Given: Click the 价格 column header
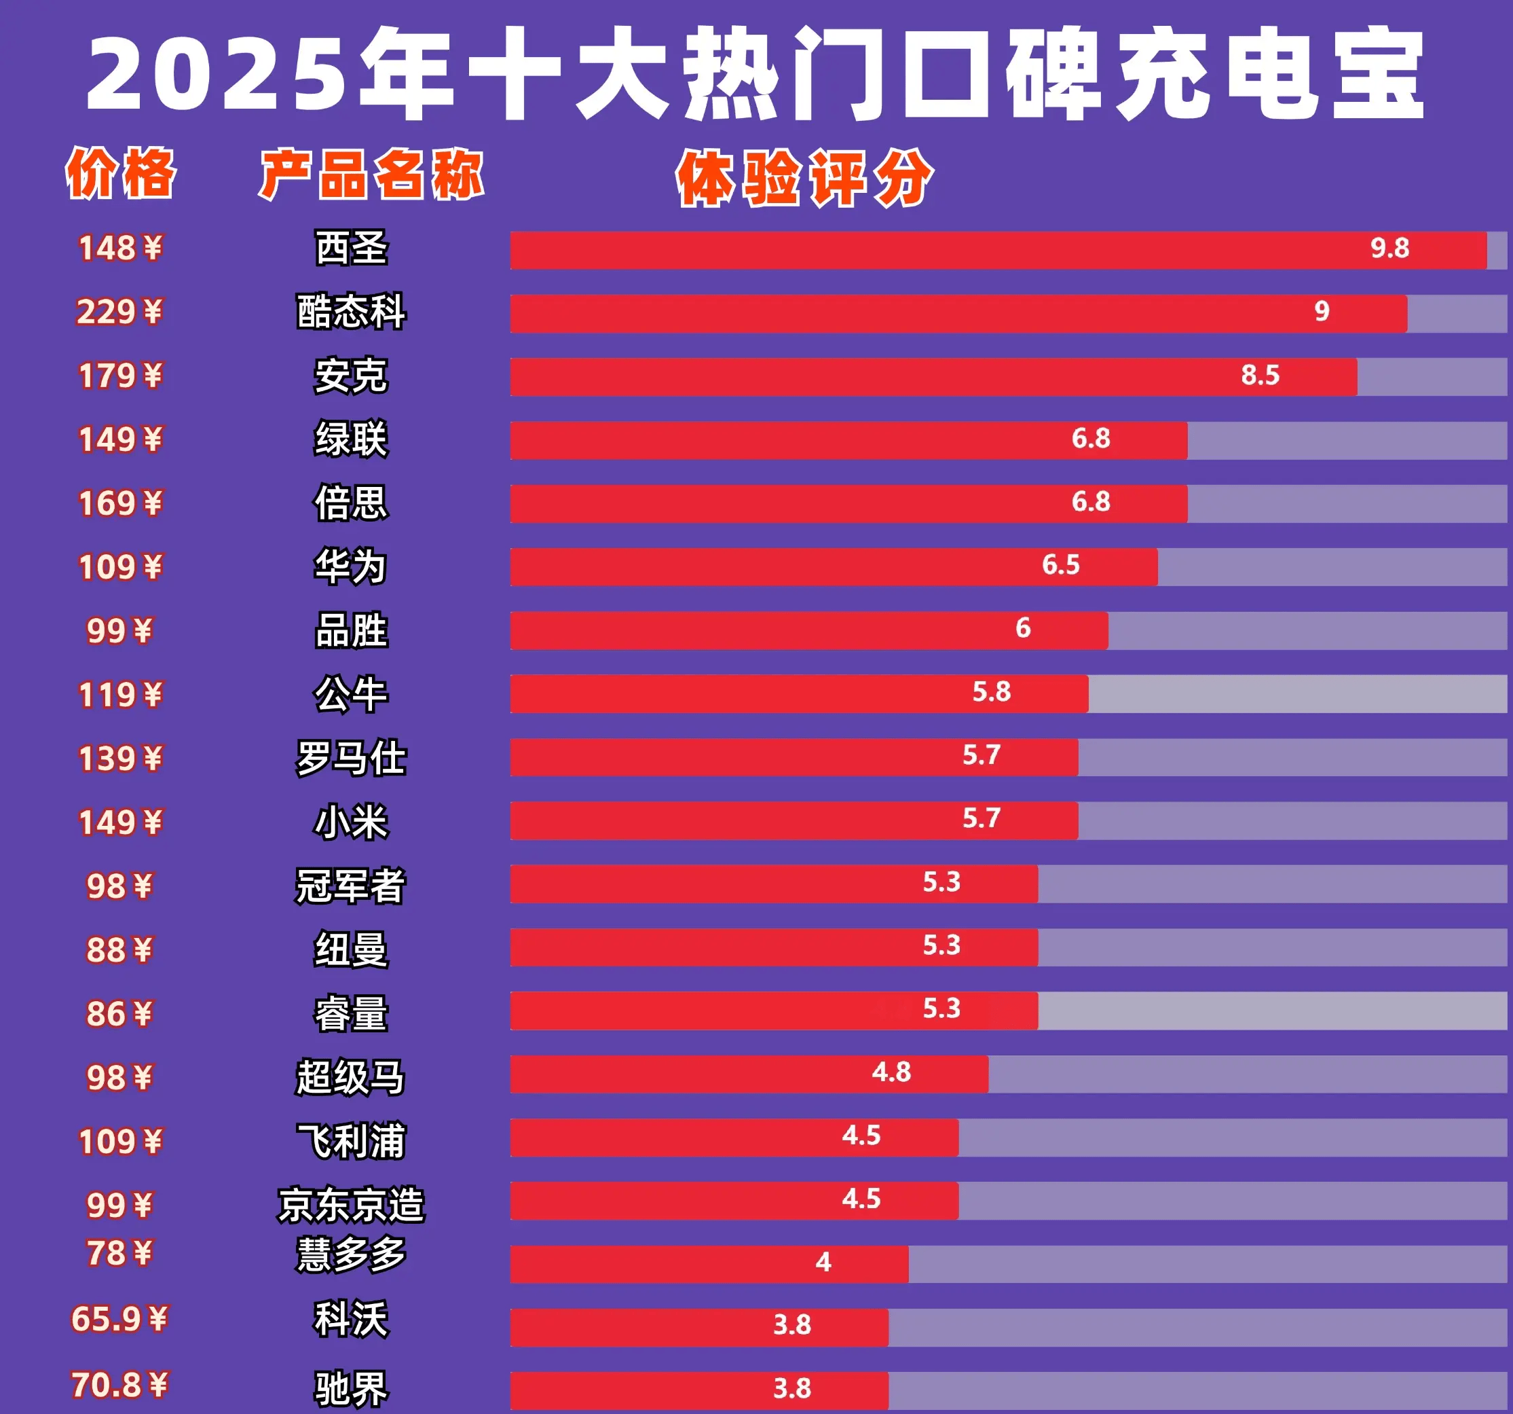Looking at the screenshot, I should (x=120, y=174).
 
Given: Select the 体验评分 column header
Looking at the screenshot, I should (x=804, y=179).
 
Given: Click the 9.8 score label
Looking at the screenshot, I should (x=1389, y=248).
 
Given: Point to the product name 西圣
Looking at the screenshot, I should (x=351, y=248).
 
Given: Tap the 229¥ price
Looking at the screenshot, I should (x=119, y=312).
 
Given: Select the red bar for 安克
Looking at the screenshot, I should (x=933, y=376).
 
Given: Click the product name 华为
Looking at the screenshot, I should (x=351, y=566).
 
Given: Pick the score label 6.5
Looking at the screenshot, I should (x=1060, y=565).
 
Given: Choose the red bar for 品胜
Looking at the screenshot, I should (x=808, y=630).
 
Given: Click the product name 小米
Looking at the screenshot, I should (x=351, y=822).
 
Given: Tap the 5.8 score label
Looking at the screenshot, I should (x=991, y=692).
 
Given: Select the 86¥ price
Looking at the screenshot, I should (x=119, y=1014).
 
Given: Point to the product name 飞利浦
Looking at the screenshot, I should (x=351, y=1142).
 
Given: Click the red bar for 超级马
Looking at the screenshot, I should (x=749, y=1074).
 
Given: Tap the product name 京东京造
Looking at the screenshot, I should (x=351, y=1205).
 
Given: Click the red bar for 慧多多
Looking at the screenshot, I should (x=709, y=1264).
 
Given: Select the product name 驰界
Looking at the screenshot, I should (x=351, y=1389).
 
